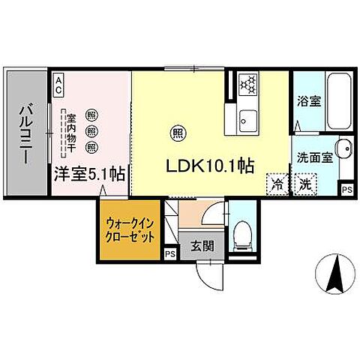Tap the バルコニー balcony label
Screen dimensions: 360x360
click(24, 135)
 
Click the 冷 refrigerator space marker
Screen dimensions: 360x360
click(277, 182)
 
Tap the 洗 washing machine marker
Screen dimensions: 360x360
click(304, 182)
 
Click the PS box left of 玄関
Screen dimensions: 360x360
click(169, 253)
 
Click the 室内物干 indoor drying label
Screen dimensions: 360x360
click(72, 135)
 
